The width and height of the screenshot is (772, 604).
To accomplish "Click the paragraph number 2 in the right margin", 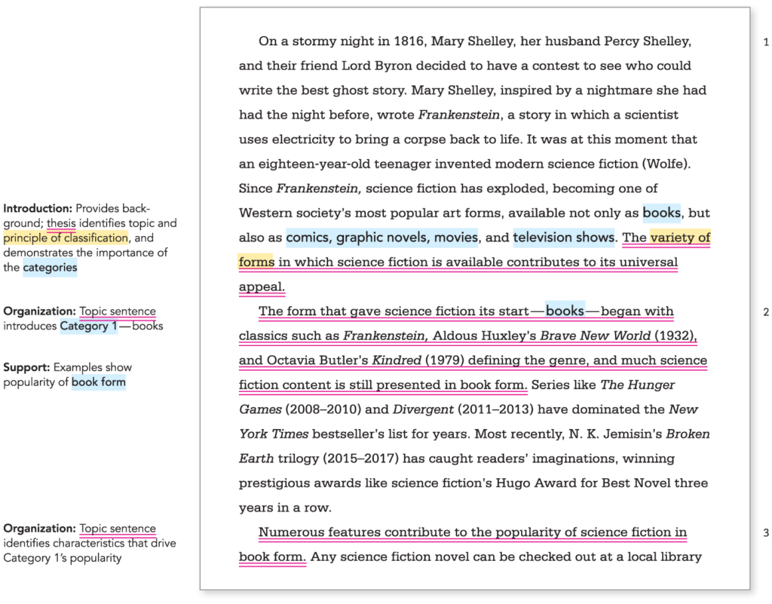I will coord(766,312).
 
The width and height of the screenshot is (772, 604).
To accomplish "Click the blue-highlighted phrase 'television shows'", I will coord(564,238).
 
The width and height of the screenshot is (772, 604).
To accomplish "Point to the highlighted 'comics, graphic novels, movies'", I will coord(381,238).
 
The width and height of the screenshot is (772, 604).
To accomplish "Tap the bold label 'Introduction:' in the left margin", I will coord(38,208).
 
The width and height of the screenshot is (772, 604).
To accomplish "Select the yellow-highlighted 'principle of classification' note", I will coord(66,238).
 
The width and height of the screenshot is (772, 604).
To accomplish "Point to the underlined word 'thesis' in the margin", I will coord(61,223).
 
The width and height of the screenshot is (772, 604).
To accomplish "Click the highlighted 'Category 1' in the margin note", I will coord(89,327).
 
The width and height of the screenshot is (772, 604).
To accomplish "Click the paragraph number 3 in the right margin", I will coord(766,533).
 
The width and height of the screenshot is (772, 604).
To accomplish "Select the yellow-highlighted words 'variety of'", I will coord(680,238).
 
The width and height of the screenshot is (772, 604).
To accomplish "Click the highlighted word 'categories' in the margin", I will coord(50,267).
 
